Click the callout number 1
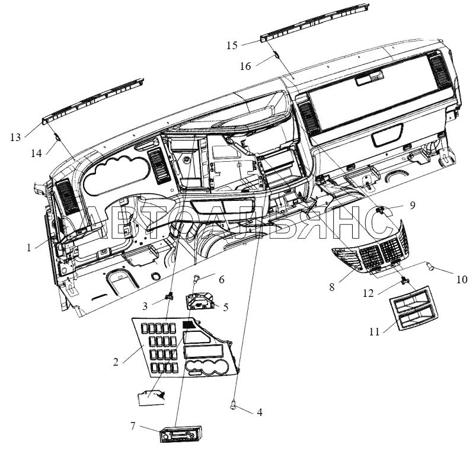point(29,248)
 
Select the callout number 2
point(116,362)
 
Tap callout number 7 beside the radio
point(133,427)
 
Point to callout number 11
point(375,331)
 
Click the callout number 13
point(15,137)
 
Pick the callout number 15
point(232,46)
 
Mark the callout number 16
point(245,66)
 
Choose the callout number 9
point(412,206)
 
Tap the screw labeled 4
point(234,404)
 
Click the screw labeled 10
point(430,267)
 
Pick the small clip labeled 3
point(170,295)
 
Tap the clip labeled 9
point(379,209)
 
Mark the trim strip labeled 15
point(315,22)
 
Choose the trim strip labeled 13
point(93,101)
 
